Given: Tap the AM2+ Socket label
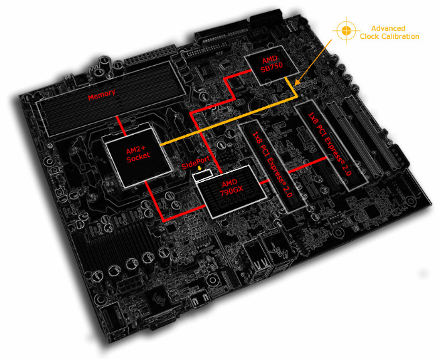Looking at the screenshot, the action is click(138, 155).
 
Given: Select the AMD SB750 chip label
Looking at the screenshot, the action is click(271, 64).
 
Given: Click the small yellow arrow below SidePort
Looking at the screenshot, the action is click(199, 168).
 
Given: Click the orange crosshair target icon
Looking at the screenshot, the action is click(347, 29).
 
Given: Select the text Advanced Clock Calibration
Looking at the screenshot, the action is click(389, 32).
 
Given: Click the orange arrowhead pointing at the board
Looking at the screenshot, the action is click(298, 82).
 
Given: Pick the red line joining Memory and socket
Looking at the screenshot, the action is click(121, 126).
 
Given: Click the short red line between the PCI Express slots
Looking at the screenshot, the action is click(308, 165).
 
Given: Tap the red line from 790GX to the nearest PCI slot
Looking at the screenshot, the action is click(264, 182).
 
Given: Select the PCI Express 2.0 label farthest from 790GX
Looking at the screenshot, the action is click(329, 143).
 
